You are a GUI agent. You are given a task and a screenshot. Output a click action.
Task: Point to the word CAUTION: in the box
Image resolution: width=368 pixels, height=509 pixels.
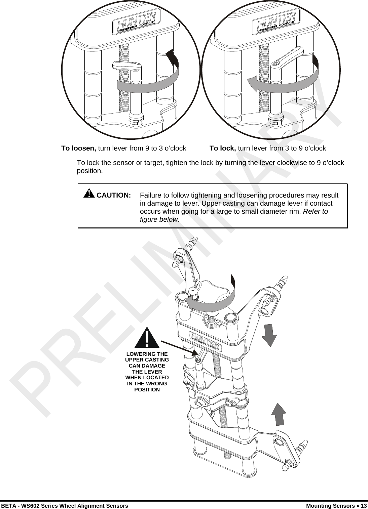point(114,195)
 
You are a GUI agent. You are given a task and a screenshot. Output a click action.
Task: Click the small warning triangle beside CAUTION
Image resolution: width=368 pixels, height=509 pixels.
point(88,194)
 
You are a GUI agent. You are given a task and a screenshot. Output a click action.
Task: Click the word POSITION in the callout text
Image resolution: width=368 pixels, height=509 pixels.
point(147,390)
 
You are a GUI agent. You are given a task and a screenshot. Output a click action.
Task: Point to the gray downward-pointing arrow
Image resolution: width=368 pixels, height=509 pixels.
point(269,335)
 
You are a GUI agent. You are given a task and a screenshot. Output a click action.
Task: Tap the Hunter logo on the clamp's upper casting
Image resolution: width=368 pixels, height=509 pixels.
point(205,339)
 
